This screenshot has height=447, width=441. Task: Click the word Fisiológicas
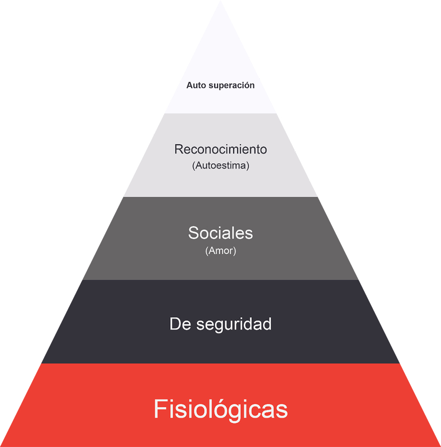(220, 409)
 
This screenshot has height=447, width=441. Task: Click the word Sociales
(220, 233)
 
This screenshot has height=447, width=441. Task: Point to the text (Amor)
(220, 251)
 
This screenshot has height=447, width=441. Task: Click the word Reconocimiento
(220, 149)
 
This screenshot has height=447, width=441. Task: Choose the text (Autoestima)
(220, 166)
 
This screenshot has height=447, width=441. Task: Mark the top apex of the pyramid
(220, 1)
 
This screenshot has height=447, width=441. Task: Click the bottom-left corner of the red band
(1, 446)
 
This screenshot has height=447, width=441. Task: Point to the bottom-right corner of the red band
(440, 446)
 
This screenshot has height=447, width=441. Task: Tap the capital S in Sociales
(193, 233)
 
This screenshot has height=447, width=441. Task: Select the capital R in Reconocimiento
(179, 149)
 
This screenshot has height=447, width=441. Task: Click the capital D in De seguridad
(175, 324)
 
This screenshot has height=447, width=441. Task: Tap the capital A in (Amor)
(212, 251)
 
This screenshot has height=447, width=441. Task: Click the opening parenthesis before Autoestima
(194, 166)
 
